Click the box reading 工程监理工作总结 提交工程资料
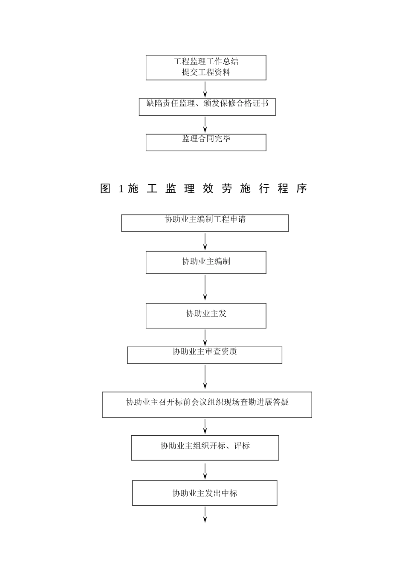point(206,67)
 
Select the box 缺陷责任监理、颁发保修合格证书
point(207,106)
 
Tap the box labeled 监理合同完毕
point(206,142)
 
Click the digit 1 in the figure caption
point(121,189)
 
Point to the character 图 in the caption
point(105,189)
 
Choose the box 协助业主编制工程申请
point(205,223)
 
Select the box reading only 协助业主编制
point(206,262)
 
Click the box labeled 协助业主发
point(206,315)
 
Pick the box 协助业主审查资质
point(205,355)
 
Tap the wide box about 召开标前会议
point(207,404)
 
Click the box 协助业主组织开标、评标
point(205,447)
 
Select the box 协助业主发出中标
point(205,493)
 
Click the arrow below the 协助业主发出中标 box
point(205,515)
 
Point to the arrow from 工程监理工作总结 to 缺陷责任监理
point(205,89)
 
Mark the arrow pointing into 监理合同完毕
point(205,125)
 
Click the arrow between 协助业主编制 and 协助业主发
point(205,288)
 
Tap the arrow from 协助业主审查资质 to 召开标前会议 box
point(205,377)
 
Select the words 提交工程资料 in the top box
point(206,72)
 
